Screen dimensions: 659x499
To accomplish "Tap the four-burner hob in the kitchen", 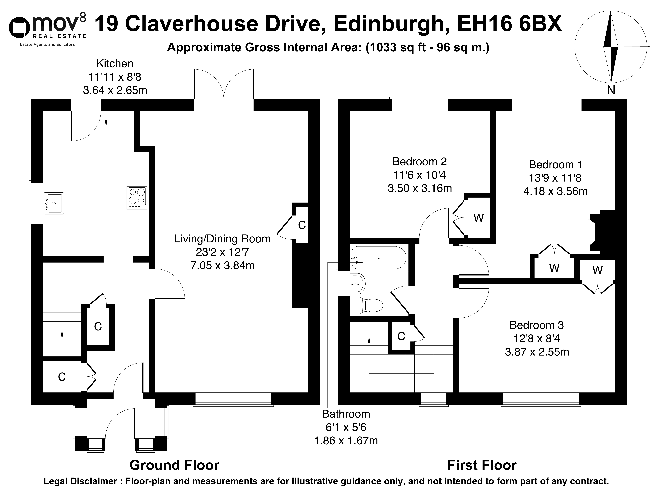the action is point(137,198).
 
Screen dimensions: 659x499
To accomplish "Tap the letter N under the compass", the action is point(611,90).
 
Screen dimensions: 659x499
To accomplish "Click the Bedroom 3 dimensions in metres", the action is point(537,352).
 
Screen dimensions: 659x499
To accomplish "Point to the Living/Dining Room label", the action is point(222,239).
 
